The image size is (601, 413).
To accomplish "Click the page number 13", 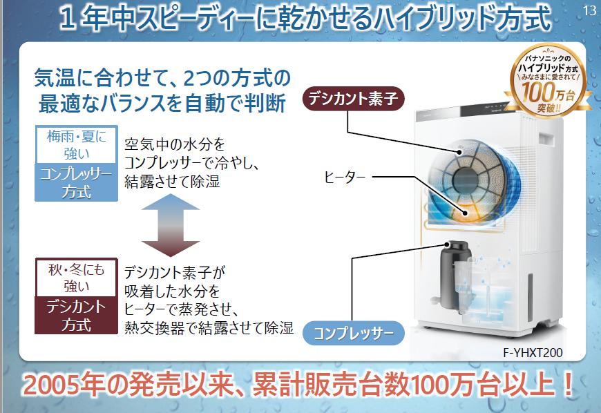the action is point(589,11).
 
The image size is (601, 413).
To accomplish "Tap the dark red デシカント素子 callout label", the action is point(354,99).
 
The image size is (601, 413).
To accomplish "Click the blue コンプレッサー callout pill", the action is point(354,333).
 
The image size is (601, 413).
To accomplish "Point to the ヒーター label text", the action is point(344,177).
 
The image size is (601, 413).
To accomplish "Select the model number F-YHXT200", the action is point(533,352).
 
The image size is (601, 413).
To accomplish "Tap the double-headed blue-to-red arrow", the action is point(171,225).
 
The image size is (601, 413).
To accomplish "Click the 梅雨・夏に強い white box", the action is point(76,145).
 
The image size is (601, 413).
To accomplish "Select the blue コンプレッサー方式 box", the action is point(76,182).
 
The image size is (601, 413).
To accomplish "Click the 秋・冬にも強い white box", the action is point(76,278).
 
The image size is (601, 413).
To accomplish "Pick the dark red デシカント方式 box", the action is point(76,315).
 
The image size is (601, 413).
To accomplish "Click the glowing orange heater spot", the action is point(466,212).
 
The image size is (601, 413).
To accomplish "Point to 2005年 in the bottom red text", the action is point(64,384).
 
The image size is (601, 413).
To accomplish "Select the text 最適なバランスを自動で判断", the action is point(162,103).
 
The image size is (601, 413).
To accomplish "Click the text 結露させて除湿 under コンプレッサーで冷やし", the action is point(172,181).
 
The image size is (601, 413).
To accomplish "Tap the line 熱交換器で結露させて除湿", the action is point(209,327).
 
